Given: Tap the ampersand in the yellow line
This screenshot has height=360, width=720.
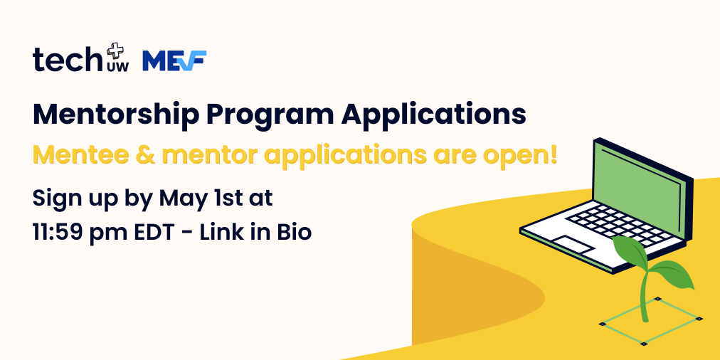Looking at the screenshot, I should (153, 155).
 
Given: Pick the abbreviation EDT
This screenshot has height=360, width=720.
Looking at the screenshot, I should (157, 232).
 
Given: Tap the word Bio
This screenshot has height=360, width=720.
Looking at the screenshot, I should (292, 232).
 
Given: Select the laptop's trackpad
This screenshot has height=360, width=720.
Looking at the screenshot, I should (575, 244).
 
